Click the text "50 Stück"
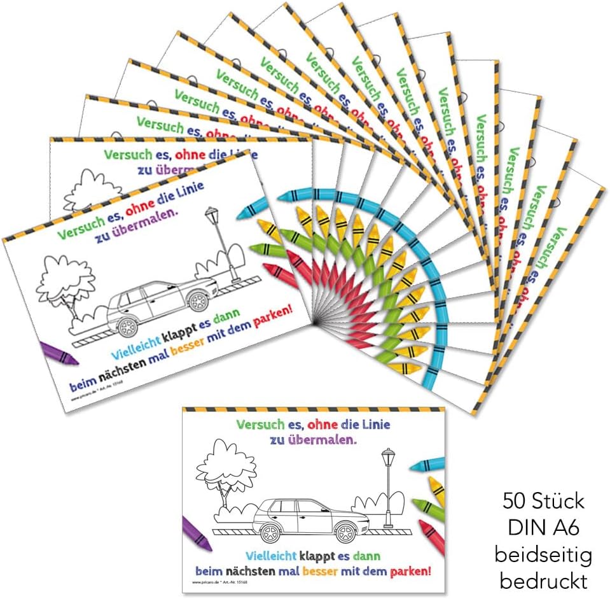[x=543, y=502]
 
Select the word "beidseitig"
[x=543, y=554]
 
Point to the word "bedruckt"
[x=543, y=581]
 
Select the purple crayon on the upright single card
[x=197, y=533]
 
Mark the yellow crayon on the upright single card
[x=436, y=490]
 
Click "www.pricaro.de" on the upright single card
[x=205, y=582]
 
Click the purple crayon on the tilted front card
[x=58, y=353]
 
